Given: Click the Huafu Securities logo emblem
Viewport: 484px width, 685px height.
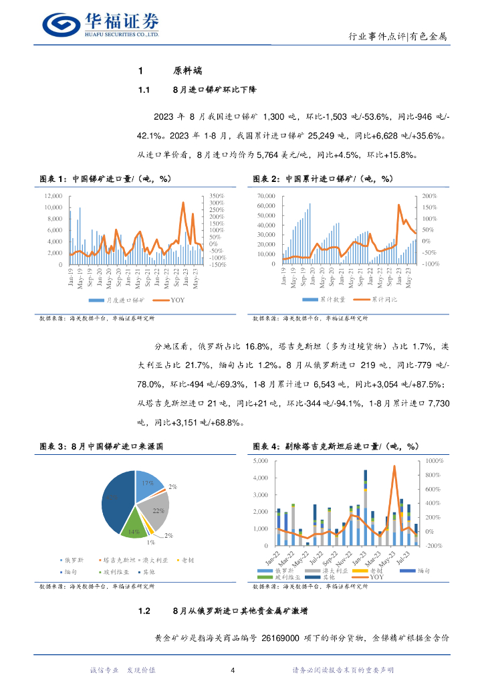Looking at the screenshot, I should [x=62, y=24].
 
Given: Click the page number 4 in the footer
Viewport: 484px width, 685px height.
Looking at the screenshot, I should [x=232, y=670].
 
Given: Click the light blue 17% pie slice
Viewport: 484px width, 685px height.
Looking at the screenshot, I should [x=149, y=486].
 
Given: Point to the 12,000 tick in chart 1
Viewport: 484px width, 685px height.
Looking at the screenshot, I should [x=52, y=196].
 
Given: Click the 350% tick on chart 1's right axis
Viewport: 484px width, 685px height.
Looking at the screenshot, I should [x=216, y=196].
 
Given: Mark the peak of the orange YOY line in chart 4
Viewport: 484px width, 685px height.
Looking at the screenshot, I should [x=394, y=466].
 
